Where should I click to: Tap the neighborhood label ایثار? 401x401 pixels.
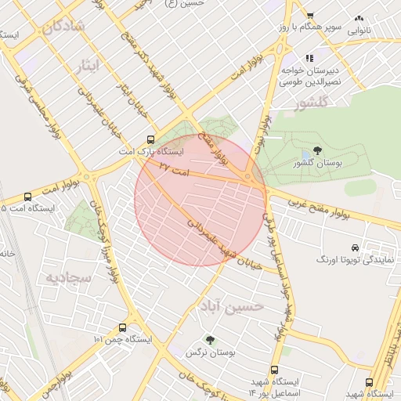click(92, 64)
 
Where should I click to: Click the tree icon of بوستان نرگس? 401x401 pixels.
click(209, 339)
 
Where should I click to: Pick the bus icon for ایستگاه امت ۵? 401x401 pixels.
click(29, 197)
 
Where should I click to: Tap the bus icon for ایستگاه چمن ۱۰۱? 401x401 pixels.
click(122, 327)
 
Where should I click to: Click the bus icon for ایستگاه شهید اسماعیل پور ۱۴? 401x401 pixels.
click(274, 370)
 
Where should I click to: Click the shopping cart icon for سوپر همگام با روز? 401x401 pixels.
click(310, 15)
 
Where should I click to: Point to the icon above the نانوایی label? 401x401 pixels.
click(359, 17)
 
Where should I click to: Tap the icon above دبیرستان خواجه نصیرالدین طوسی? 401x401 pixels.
click(310, 58)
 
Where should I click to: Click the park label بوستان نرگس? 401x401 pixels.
click(200, 353)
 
